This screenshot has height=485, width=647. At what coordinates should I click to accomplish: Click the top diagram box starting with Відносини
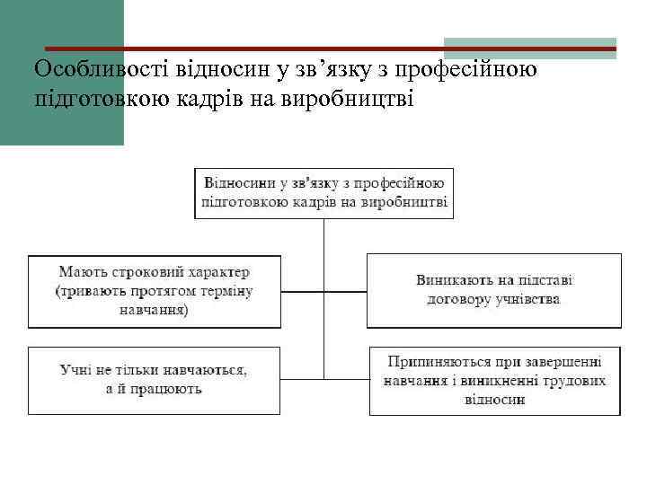[x=324, y=192]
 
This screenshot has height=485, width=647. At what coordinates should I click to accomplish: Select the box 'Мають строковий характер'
[x=154, y=291]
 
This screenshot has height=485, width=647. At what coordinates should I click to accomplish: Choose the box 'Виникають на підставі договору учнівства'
[x=494, y=290]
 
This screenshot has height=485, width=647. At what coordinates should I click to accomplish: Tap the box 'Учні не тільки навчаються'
[x=154, y=379]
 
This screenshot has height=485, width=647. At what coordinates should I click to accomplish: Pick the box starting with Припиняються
[x=494, y=381]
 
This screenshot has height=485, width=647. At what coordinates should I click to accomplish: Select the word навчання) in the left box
[x=153, y=310]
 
